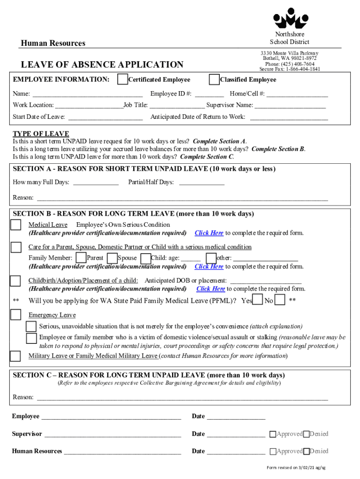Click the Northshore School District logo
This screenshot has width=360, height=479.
pyautogui.click(x=290, y=19)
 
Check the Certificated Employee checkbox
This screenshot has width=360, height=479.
pyautogui.click(x=122, y=80)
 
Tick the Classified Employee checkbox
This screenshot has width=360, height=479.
pyautogui.click(x=214, y=80)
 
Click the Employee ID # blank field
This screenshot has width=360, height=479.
pyautogui.click(x=209, y=94)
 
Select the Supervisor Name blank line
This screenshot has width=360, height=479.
pyautogui.click(x=290, y=105)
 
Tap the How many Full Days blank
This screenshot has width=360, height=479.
pyautogui.click(x=96, y=182)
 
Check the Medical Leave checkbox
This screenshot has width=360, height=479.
pyautogui.click(x=16, y=225)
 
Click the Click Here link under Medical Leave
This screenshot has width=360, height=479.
pyautogui.click(x=209, y=233)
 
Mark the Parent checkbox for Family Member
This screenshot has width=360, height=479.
pyautogui.click(x=81, y=258)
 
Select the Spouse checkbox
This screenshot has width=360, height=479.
pyautogui.click(x=112, y=258)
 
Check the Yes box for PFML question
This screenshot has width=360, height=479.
pyautogui.click(x=258, y=300)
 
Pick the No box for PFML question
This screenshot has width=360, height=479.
pyautogui.click(x=280, y=300)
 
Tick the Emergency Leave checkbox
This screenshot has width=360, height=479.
pyautogui.click(x=16, y=315)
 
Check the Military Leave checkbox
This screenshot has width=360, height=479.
pyautogui.click(x=16, y=356)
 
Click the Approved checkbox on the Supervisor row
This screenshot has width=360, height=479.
pyautogui.click(x=273, y=434)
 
